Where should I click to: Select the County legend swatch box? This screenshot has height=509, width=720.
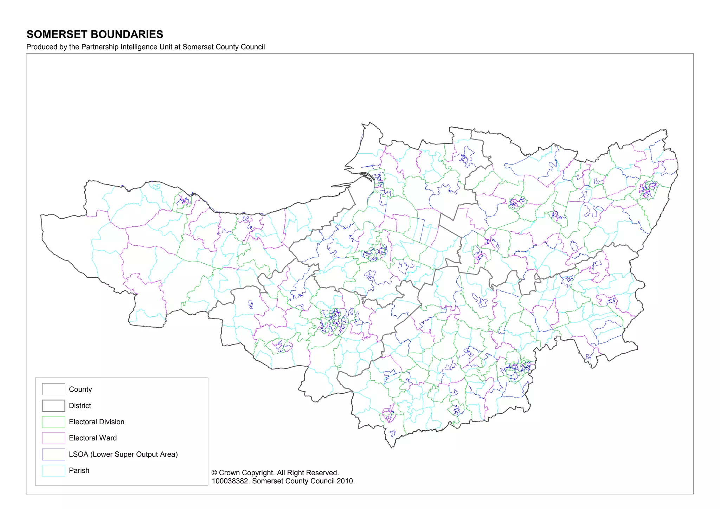click(53, 389)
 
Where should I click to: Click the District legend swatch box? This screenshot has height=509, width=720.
click(53, 406)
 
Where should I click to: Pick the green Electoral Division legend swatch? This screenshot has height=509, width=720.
click(53, 422)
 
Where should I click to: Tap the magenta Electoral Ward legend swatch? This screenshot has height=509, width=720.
click(53, 438)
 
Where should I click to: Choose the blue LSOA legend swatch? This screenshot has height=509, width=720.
click(53, 454)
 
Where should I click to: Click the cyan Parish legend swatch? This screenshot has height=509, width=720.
click(53, 470)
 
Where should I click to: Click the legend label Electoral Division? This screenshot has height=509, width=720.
click(96, 422)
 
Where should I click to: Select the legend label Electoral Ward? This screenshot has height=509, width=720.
click(92, 438)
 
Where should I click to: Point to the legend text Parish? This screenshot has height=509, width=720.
click(79, 470)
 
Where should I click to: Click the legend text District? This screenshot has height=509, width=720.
click(80, 406)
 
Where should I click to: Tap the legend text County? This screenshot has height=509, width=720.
click(80, 389)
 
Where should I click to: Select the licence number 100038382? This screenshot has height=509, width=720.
click(230, 481)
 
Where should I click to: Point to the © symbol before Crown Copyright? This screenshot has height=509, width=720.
click(214, 473)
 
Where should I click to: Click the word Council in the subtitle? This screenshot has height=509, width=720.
click(253, 47)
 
